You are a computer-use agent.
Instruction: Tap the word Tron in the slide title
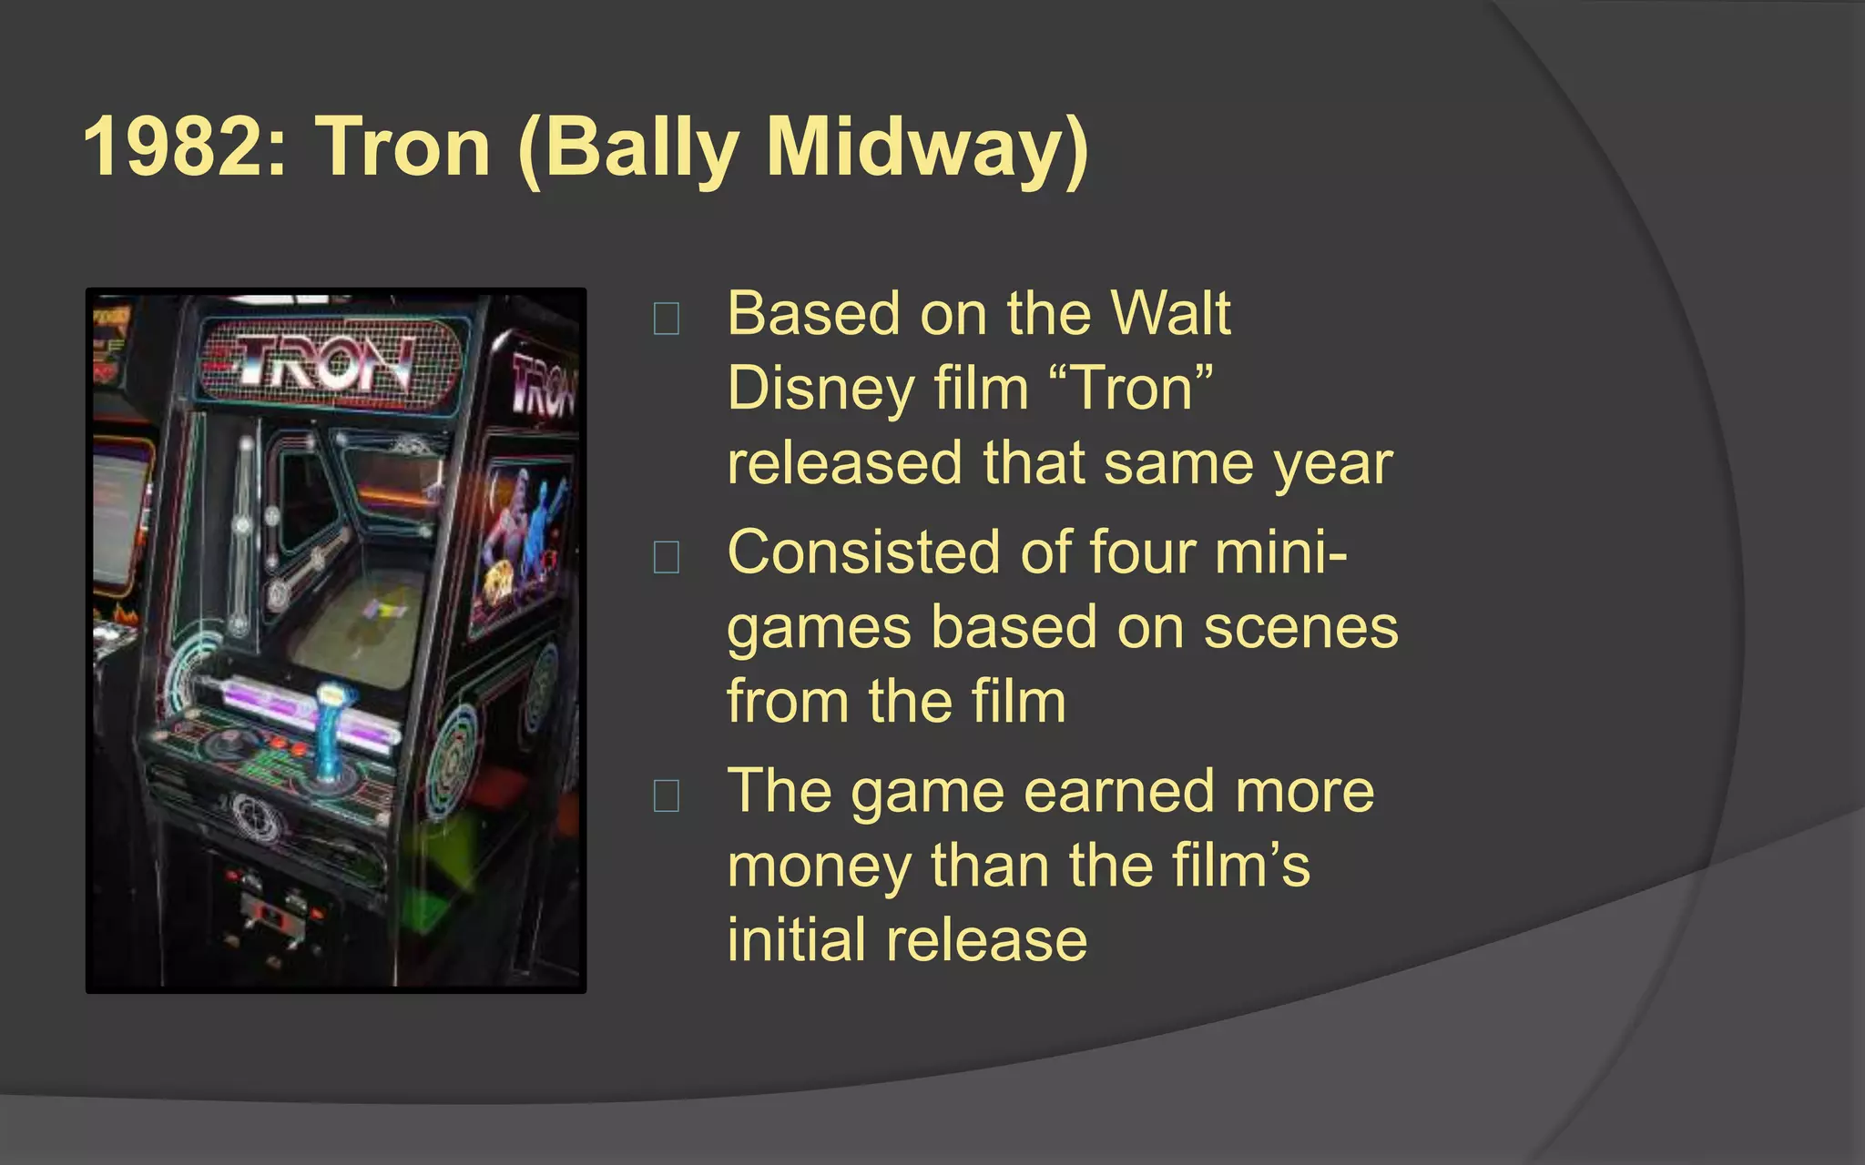[403, 147]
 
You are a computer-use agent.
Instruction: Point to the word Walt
[1171, 314]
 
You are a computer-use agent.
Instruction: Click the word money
[820, 866]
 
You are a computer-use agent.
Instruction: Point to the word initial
[796, 940]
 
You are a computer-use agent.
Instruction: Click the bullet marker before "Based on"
[666, 319]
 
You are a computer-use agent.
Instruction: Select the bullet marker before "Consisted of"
[666, 557]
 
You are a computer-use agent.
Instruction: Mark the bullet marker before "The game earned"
[666, 795]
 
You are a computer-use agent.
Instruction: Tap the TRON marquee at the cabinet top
[332, 362]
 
